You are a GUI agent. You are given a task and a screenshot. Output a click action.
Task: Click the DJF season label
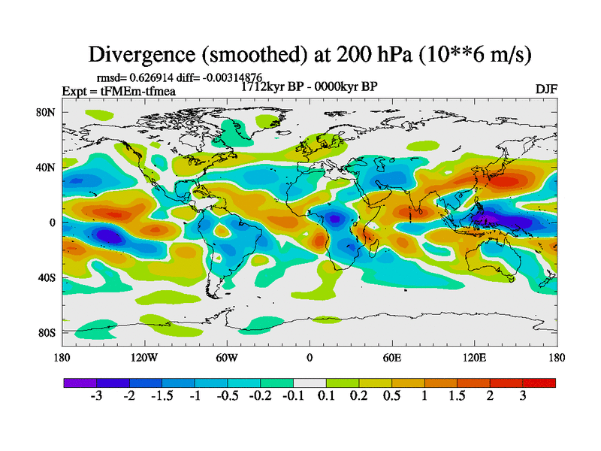(x=545, y=89)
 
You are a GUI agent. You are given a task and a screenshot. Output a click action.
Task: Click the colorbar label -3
(x=96, y=396)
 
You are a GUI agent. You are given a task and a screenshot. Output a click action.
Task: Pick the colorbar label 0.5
(x=391, y=396)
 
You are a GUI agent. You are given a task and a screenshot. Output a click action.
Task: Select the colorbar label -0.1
(x=293, y=396)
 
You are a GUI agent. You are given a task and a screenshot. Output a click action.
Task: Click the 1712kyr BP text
(x=273, y=86)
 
